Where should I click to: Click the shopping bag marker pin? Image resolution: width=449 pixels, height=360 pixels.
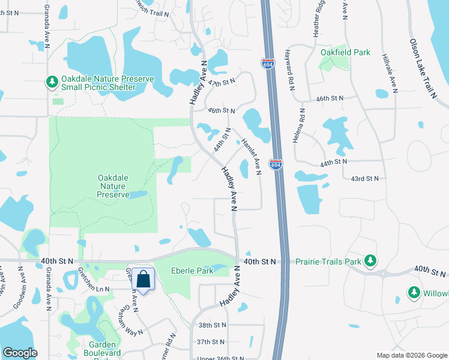pyautogui.click(x=143, y=280)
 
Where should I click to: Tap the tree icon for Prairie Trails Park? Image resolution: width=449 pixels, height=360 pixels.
pyautogui.click(x=371, y=261)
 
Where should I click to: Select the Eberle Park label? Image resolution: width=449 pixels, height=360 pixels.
pyautogui.click(x=192, y=271)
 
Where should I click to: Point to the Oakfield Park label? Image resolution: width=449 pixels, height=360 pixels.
pyautogui.click(x=345, y=52)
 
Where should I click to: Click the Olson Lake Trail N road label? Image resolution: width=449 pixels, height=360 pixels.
pyautogui.click(x=423, y=68)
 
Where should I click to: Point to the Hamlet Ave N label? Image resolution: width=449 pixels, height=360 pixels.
pyautogui.click(x=250, y=157)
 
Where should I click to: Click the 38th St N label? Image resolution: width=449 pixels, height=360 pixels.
pyautogui.click(x=212, y=325)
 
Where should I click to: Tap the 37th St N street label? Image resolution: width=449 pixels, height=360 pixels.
pyautogui.click(x=212, y=342)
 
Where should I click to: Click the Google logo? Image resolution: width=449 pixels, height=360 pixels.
pyautogui.click(x=20, y=353)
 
